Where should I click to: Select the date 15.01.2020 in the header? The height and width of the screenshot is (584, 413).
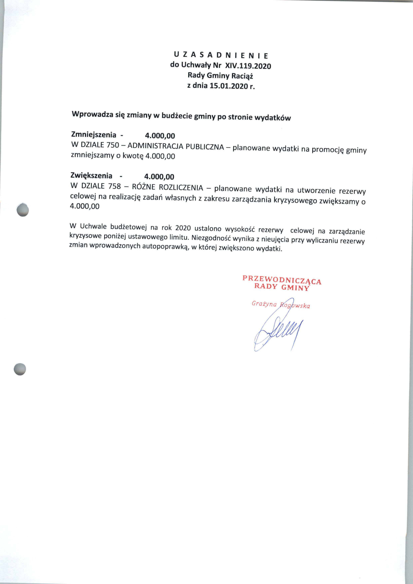(x=228, y=86)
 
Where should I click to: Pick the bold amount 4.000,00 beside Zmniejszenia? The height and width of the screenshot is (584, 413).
(x=160, y=136)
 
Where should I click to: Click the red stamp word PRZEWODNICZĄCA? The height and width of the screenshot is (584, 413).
(x=282, y=279)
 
